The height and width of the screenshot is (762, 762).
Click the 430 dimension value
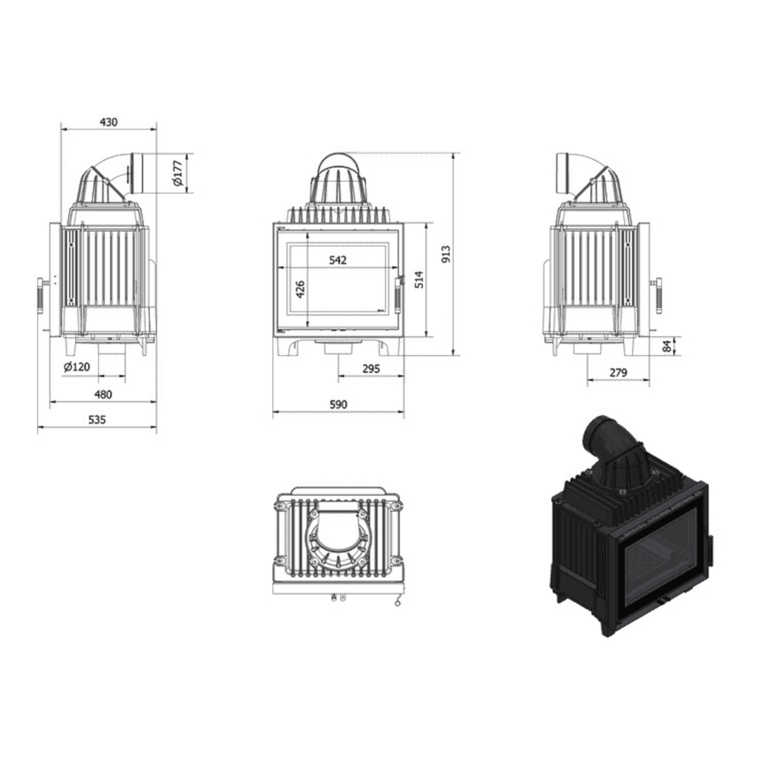pyautogui.click(x=108, y=122)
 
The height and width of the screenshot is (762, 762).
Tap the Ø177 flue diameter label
pyautogui.click(x=178, y=173)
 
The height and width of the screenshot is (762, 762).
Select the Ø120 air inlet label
pyautogui.click(x=77, y=366)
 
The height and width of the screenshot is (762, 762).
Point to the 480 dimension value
pyautogui.click(x=103, y=394)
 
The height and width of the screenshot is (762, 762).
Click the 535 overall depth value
pyautogui.click(x=97, y=420)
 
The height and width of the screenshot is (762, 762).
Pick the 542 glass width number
pyautogui.click(x=338, y=260)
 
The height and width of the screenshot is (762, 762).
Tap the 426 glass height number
pyautogui.click(x=301, y=289)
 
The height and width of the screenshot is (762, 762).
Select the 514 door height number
pyautogui.click(x=419, y=279)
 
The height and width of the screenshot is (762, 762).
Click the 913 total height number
pyautogui.click(x=446, y=254)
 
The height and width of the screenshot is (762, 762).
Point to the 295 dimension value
pyautogui.click(x=371, y=369)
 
